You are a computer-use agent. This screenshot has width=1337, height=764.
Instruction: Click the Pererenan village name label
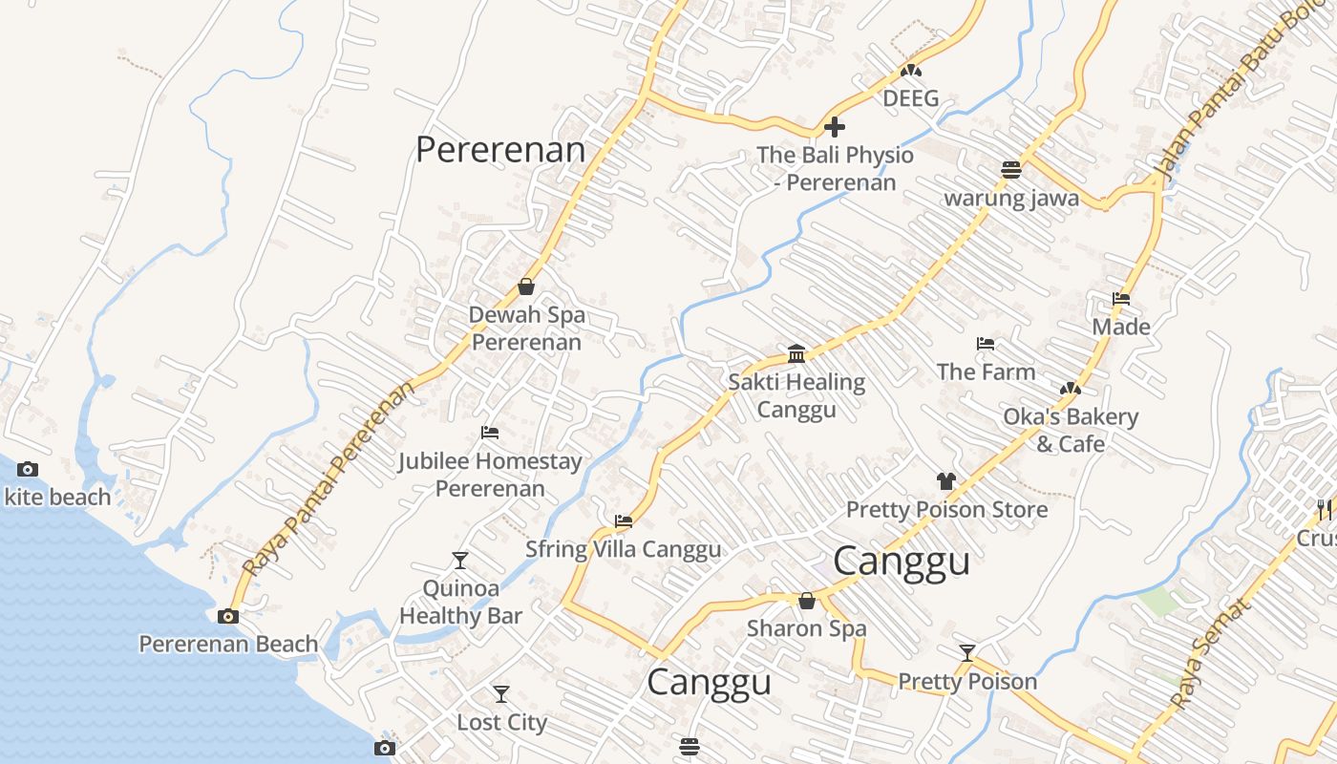(500, 150)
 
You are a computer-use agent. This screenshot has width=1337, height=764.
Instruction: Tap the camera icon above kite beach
(28, 469)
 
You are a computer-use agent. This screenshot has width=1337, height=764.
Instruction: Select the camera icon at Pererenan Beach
(227, 616)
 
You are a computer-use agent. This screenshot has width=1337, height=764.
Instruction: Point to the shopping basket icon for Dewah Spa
(525, 286)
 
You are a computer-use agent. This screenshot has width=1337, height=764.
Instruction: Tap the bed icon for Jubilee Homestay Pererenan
(490, 433)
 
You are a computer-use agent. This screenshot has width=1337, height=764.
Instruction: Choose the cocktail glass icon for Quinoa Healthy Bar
(460, 560)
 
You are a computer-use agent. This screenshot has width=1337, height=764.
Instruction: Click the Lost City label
(501, 722)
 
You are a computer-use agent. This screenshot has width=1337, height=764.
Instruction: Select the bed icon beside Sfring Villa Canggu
(624, 521)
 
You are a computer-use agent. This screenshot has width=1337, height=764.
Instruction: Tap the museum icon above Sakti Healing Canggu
(796, 354)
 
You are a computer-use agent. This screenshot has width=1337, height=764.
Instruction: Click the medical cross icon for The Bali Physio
(835, 127)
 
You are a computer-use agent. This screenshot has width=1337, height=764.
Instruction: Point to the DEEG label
(910, 98)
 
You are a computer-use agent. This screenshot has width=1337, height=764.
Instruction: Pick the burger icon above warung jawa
(1011, 170)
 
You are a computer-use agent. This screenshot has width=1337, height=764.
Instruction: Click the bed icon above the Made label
(1121, 299)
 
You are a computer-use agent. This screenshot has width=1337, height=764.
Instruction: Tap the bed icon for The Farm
(986, 344)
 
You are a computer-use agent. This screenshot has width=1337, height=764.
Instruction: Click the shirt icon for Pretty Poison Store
(945, 481)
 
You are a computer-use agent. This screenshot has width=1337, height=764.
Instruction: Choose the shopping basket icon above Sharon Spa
(807, 601)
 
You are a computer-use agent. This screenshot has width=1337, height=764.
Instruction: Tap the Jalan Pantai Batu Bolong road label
(1241, 95)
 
